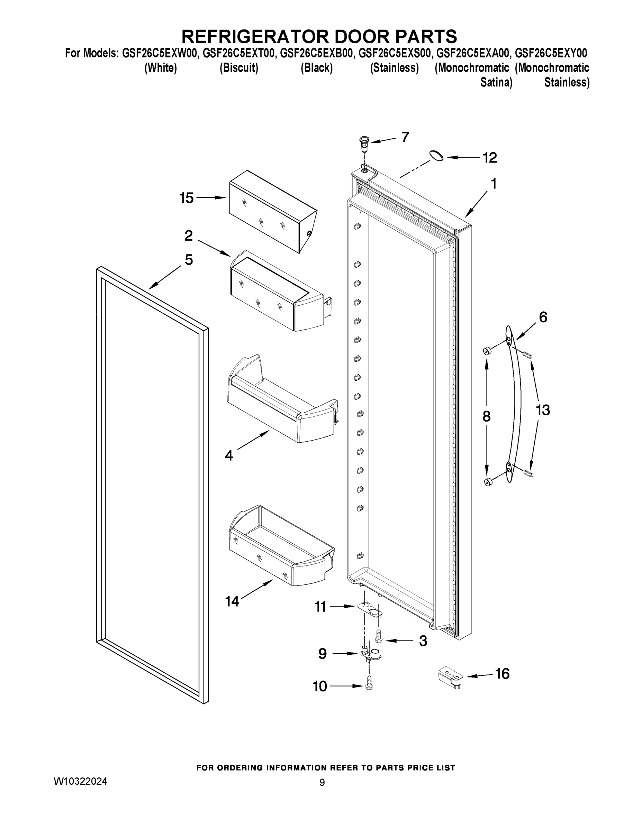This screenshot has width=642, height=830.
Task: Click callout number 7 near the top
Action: [405, 137]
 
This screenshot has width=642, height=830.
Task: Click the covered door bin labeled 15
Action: [272, 211]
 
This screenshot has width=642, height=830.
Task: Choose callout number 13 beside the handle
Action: [542, 410]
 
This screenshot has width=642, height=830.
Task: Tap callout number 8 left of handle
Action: [487, 416]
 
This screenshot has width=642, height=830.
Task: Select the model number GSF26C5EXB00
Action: [316, 53]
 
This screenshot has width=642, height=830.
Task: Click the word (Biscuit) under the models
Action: [239, 68]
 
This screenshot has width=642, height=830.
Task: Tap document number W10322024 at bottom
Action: [80, 781]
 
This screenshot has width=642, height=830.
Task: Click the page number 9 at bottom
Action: [322, 783]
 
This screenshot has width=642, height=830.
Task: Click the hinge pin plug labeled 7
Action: [365, 141]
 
